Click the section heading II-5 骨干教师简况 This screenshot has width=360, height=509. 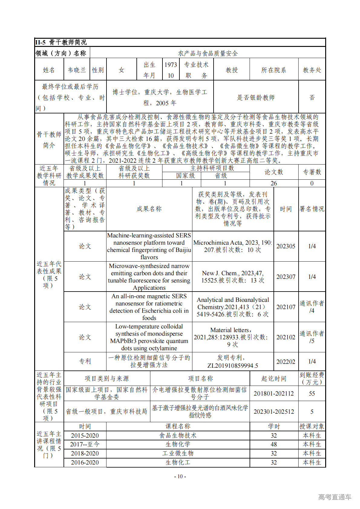[x=61, y=42]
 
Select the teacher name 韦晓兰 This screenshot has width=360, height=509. [x=77, y=70]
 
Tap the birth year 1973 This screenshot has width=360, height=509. [x=171, y=65]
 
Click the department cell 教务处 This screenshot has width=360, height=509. [x=312, y=70]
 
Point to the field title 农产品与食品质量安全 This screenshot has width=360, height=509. [x=208, y=54]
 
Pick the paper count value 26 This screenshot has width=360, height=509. [x=273, y=183]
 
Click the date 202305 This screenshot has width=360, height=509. [x=286, y=246]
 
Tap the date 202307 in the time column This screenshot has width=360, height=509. [x=286, y=277]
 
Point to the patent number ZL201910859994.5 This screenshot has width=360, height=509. [x=233, y=365]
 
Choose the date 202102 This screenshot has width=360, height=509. [x=286, y=337]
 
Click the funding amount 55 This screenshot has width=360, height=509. [x=312, y=393]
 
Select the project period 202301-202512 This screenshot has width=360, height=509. [x=273, y=412]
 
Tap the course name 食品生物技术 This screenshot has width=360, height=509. [x=178, y=436]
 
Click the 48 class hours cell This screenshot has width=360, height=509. [x=273, y=444]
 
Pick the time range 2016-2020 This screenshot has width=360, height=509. [x=85, y=462]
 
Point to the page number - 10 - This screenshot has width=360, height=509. [x=180, y=476]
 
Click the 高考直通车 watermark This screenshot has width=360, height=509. [x=335, y=497]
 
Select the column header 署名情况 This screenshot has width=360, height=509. [x=312, y=209]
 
